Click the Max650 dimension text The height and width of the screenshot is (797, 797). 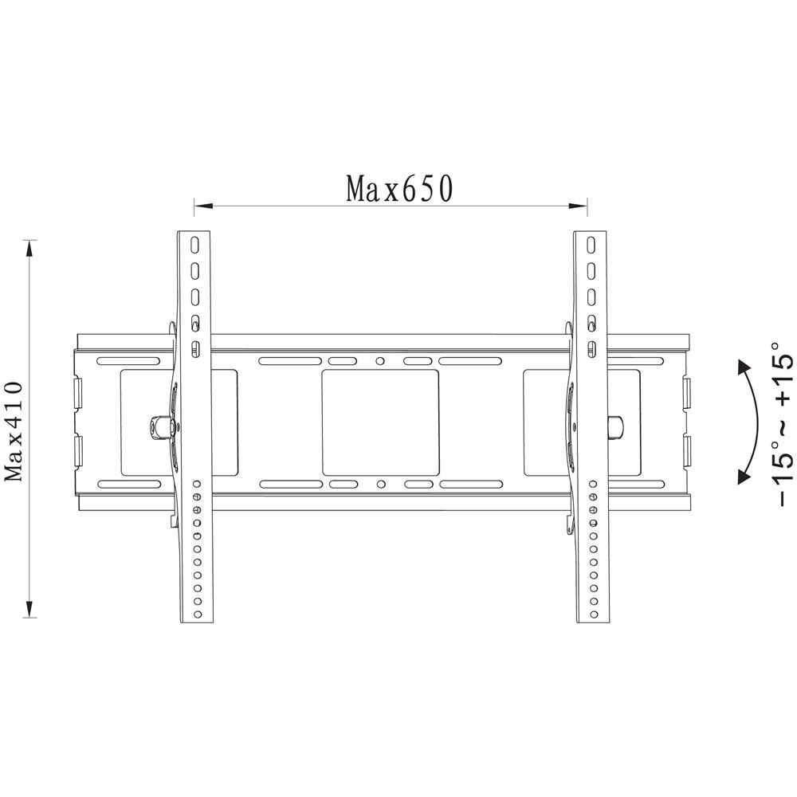tap(399, 189)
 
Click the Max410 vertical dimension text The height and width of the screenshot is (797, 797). tap(14, 430)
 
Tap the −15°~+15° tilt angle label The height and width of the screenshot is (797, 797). tap(782, 431)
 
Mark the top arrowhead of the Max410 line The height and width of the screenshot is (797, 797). tap(30, 249)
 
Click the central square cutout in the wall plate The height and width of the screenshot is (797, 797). tap(380, 422)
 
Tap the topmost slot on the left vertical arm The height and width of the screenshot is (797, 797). tap(193, 243)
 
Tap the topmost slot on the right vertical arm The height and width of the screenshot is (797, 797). tap(591, 243)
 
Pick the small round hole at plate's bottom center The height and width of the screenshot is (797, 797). tap(381, 483)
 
